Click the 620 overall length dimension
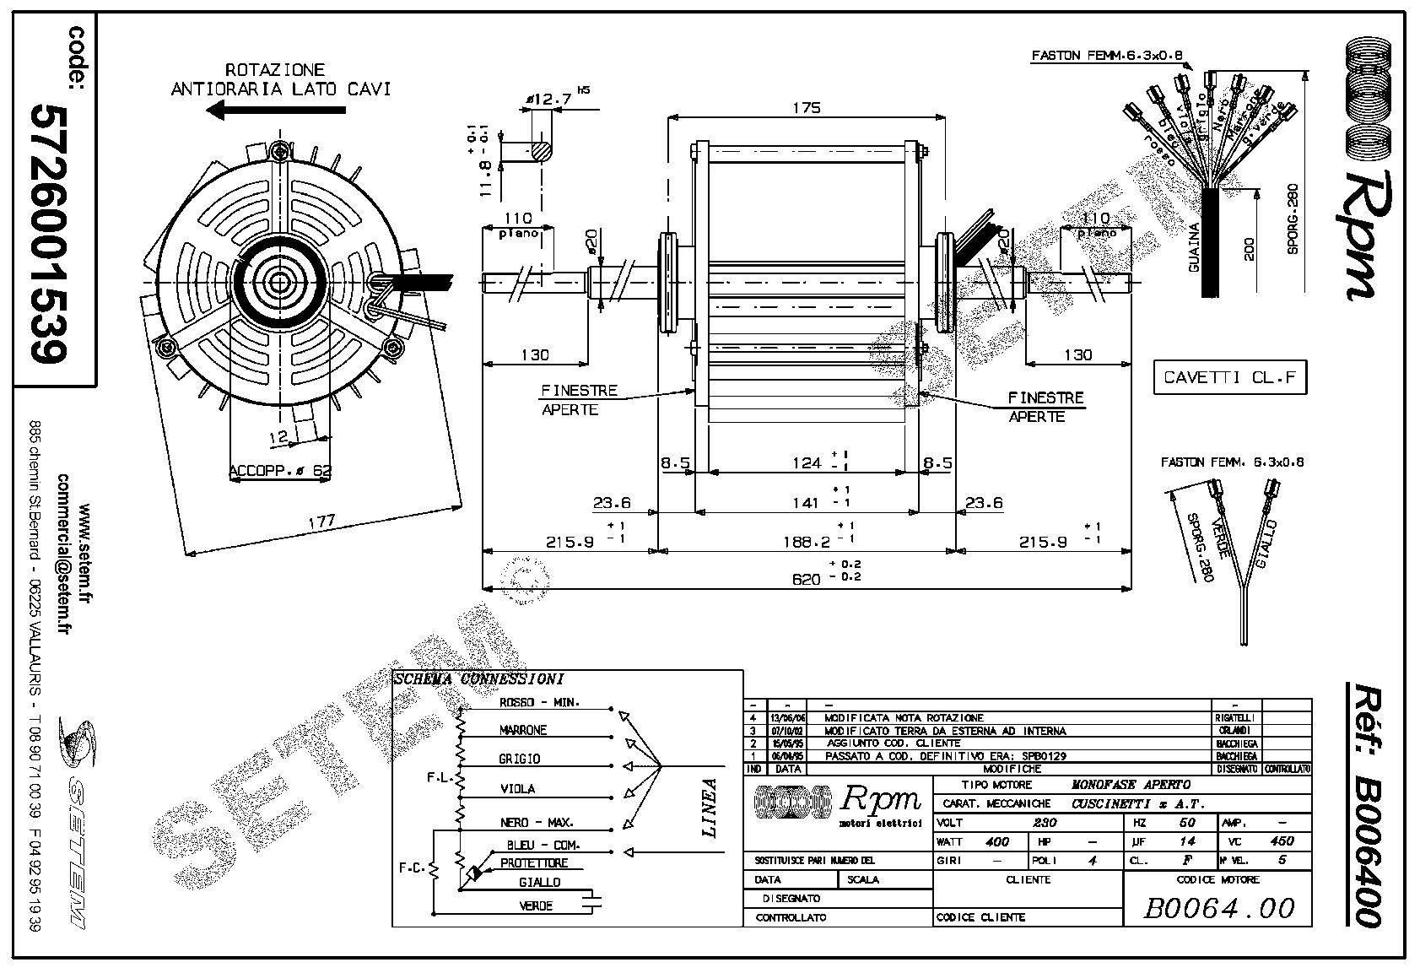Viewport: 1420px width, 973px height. coord(805,579)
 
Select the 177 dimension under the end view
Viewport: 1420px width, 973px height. coord(321,522)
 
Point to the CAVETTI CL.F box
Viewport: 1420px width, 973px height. coord(1228,377)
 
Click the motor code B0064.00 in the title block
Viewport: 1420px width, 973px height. coord(1218,908)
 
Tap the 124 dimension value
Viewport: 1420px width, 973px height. coord(807,462)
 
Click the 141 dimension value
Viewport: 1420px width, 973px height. coord(807,503)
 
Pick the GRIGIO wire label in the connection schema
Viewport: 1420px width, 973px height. coord(520,759)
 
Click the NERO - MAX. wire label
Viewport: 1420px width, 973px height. coord(537,822)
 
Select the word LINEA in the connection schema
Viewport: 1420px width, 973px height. coord(710,808)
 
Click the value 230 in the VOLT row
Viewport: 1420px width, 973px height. coord(1045,822)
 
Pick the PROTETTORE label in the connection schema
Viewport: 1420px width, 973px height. coord(534,863)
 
